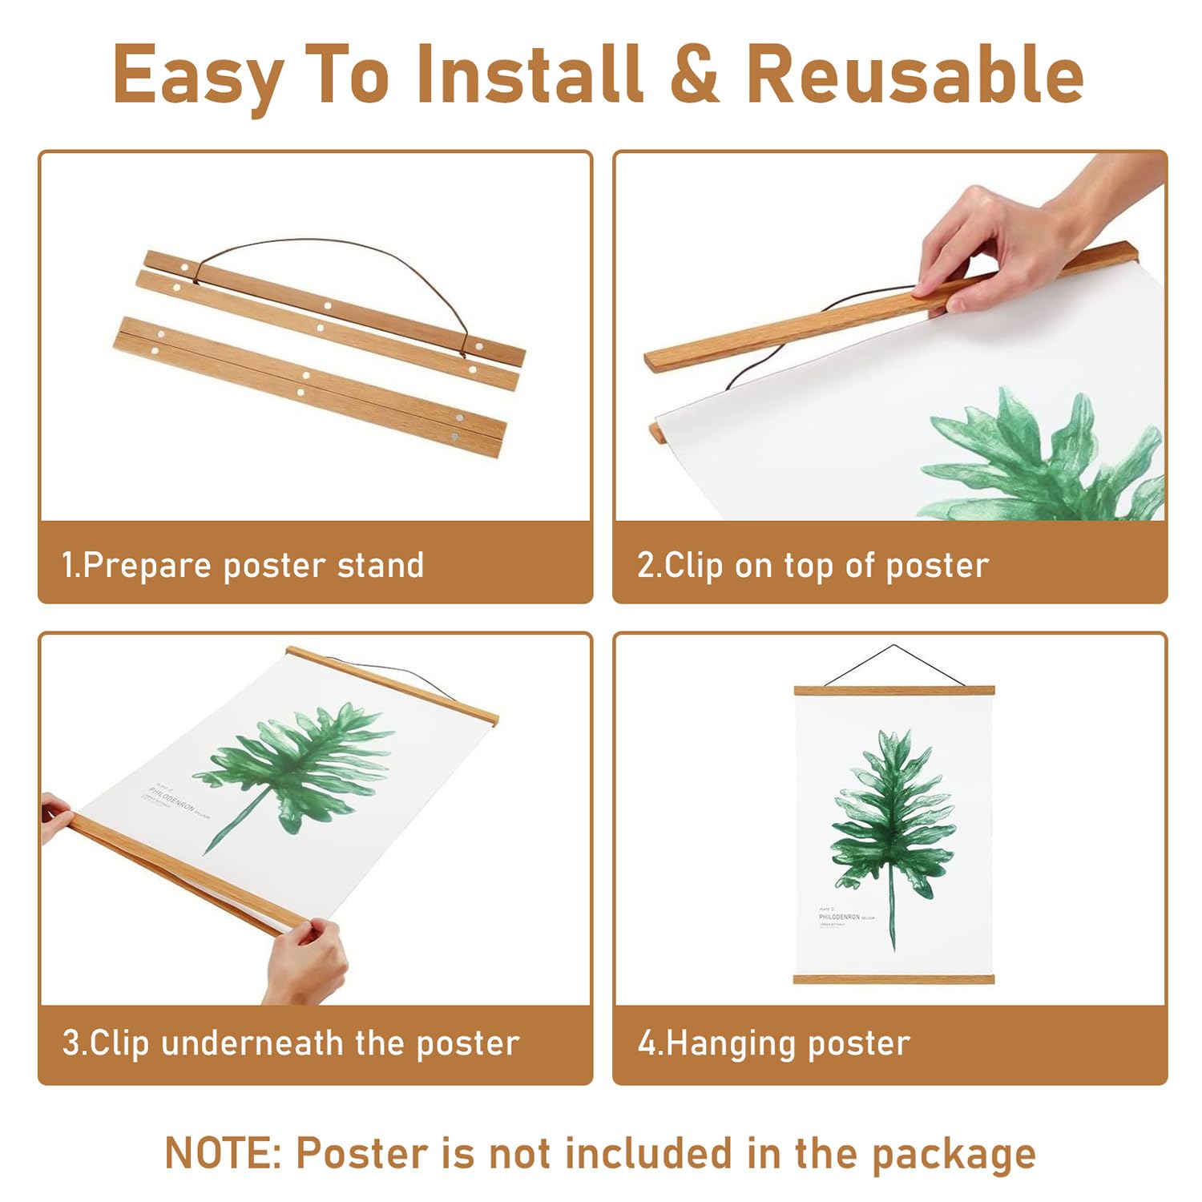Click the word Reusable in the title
(x=914, y=74)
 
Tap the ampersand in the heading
(x=695, y=74)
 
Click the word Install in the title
(x=530, y=74)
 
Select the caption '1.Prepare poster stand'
(x=243, y=565)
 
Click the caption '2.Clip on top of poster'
(x=813, y=565)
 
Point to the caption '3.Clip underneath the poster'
(x=291, y=1043)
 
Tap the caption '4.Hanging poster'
(x=773, y=1043)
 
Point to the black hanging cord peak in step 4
(x=893, y=647)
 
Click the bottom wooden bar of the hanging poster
(x=893, y=978)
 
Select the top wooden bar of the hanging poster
(x=893, y=690)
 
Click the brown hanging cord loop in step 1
(x=337, y=245)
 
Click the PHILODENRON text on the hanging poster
(x=839, y=917)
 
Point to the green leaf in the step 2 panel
(x=1042, y=457)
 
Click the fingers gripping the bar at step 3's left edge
(x=56, y=817)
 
